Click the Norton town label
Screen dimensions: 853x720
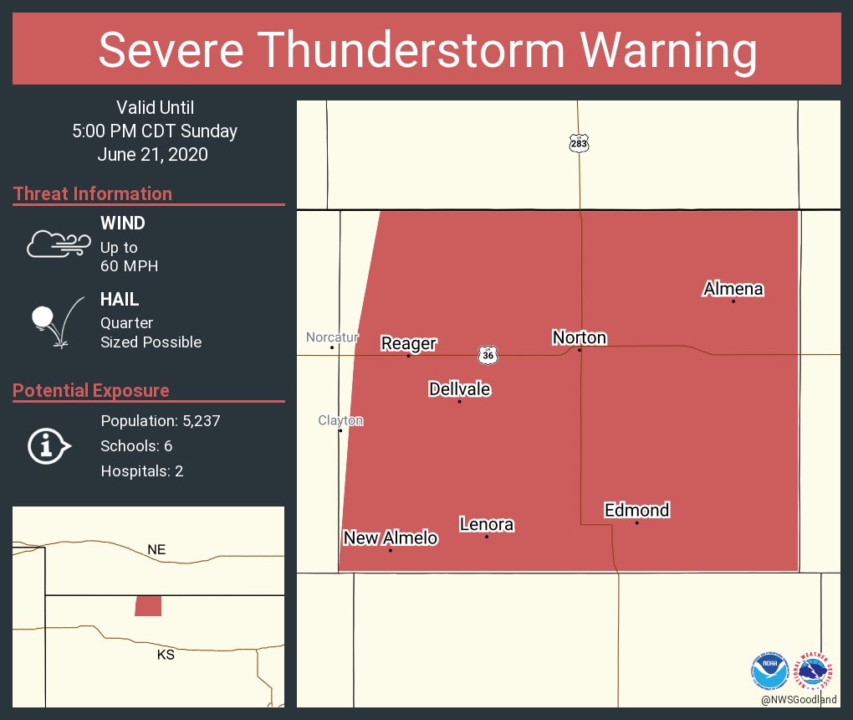579,337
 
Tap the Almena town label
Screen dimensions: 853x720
733,289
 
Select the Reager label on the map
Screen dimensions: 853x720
408,343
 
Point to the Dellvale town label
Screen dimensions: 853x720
459,389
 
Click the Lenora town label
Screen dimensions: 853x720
486,525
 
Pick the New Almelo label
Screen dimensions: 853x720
390,537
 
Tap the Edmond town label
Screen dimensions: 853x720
636,510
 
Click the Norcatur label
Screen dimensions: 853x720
332,337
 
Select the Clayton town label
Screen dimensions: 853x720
340,420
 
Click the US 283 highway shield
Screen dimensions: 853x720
579,143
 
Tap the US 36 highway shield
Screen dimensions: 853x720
488,355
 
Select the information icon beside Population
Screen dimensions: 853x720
49,446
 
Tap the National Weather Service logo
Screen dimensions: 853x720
815,671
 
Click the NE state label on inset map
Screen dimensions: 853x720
156,550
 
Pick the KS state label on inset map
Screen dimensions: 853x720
166,655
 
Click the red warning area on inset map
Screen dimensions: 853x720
148,606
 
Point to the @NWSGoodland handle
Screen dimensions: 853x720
799,700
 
